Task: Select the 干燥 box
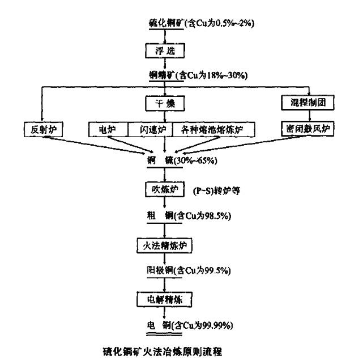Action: pos(164,104)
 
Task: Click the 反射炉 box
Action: pos(42,129)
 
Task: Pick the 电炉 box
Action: pos(108,129)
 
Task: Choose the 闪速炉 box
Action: pos(150,129)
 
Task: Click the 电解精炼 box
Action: pos(164,298)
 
